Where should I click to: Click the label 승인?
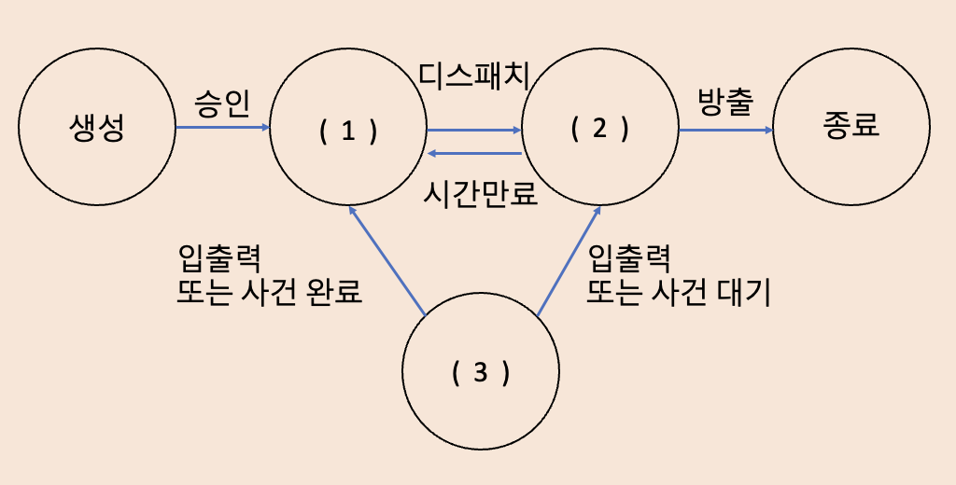(222, 102)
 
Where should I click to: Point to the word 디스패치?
(474, 76)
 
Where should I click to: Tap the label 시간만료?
(481, 194)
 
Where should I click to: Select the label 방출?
(724, 102)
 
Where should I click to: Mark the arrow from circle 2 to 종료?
(726, 130)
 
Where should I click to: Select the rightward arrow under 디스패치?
(473, 129)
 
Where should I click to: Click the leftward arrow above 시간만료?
(473, 153)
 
